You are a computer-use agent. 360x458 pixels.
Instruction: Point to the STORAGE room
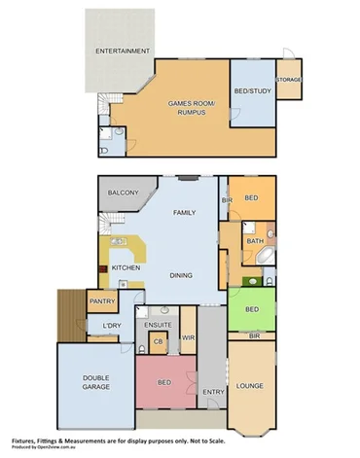289,78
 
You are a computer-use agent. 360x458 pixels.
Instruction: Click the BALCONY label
125,193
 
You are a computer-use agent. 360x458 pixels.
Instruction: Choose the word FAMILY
184,212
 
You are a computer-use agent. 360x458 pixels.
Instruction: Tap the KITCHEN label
126,267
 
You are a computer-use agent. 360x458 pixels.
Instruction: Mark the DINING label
181,275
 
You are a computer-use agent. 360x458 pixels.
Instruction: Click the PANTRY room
102,302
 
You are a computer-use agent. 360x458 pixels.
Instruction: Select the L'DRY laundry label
111,326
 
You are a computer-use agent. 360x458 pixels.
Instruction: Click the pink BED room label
164,382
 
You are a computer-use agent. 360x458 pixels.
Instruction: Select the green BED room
252,310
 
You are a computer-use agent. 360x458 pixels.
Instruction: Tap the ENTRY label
213,392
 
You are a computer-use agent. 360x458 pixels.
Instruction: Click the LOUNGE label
251,386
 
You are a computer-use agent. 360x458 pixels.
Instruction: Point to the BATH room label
255,240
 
